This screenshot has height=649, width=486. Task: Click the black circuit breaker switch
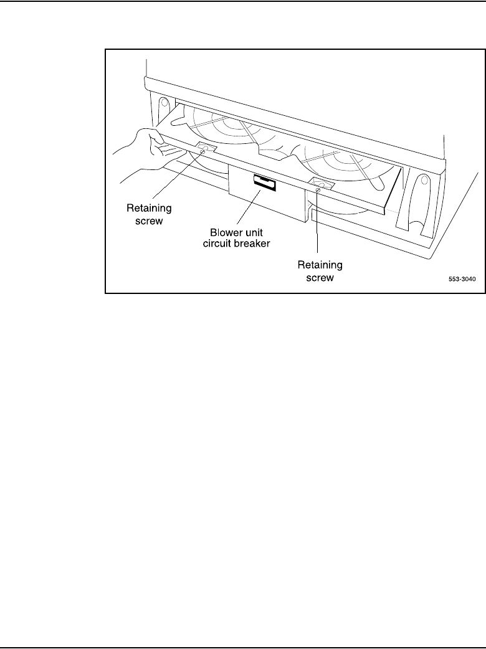point(264,182)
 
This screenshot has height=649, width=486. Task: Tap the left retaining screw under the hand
point(202,150)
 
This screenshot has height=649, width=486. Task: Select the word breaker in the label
point(252,244)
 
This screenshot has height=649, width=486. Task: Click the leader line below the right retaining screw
point(318,224)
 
